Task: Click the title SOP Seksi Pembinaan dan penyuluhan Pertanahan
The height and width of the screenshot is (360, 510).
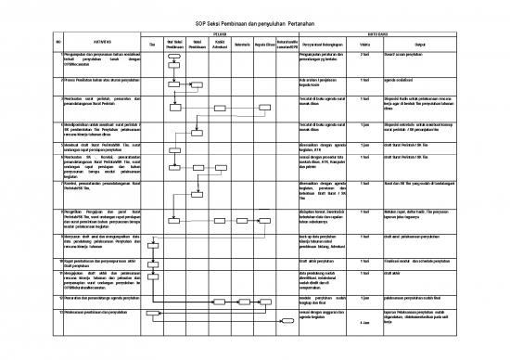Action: coord(254,24)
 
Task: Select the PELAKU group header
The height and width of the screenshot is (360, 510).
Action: coord(220,36)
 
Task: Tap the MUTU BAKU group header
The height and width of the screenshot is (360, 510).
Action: coord(402,36)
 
